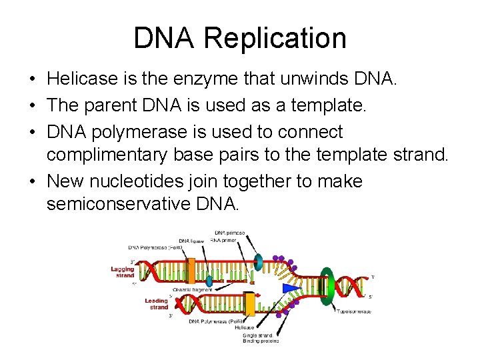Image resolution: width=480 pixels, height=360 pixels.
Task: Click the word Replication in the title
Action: click(x=275, y=38)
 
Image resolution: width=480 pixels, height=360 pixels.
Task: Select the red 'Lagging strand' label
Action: click(x=123, y=272)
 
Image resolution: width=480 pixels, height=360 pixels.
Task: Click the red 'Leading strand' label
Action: click(x=157, y=303)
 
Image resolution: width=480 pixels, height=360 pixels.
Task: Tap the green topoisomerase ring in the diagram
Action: click(x=327, y=286)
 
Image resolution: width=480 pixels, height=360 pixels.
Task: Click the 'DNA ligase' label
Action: click(x=192, y=240)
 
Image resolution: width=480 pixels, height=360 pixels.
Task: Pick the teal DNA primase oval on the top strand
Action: click(x=259, y=263)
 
